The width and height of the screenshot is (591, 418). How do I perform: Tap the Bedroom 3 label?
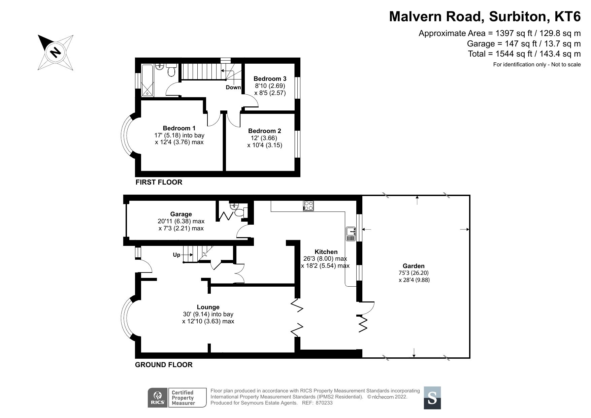point(270,79)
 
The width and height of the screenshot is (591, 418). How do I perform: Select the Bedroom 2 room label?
point(264,131)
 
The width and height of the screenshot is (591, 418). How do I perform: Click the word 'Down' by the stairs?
point(233,88)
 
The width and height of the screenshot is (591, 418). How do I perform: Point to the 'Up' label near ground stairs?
point(176,255)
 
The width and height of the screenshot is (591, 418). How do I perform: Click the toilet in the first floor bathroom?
point(171,71)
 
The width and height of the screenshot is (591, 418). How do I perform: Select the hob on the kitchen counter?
point(308,205)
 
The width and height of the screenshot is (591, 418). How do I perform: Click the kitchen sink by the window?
point(351,234)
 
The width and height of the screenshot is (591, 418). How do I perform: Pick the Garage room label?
point(181,214)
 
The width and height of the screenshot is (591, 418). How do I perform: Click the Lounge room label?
point(208,307)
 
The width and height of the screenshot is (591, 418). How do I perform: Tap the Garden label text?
point(414,266)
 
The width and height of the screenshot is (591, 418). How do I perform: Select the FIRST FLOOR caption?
point(159,182)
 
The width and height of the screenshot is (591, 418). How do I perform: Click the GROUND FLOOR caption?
point(164,365)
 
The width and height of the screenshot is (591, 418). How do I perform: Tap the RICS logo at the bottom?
point(158,398)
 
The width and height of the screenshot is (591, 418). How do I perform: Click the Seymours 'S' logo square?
point(432,398)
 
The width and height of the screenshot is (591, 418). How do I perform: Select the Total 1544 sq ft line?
point(524,54)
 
